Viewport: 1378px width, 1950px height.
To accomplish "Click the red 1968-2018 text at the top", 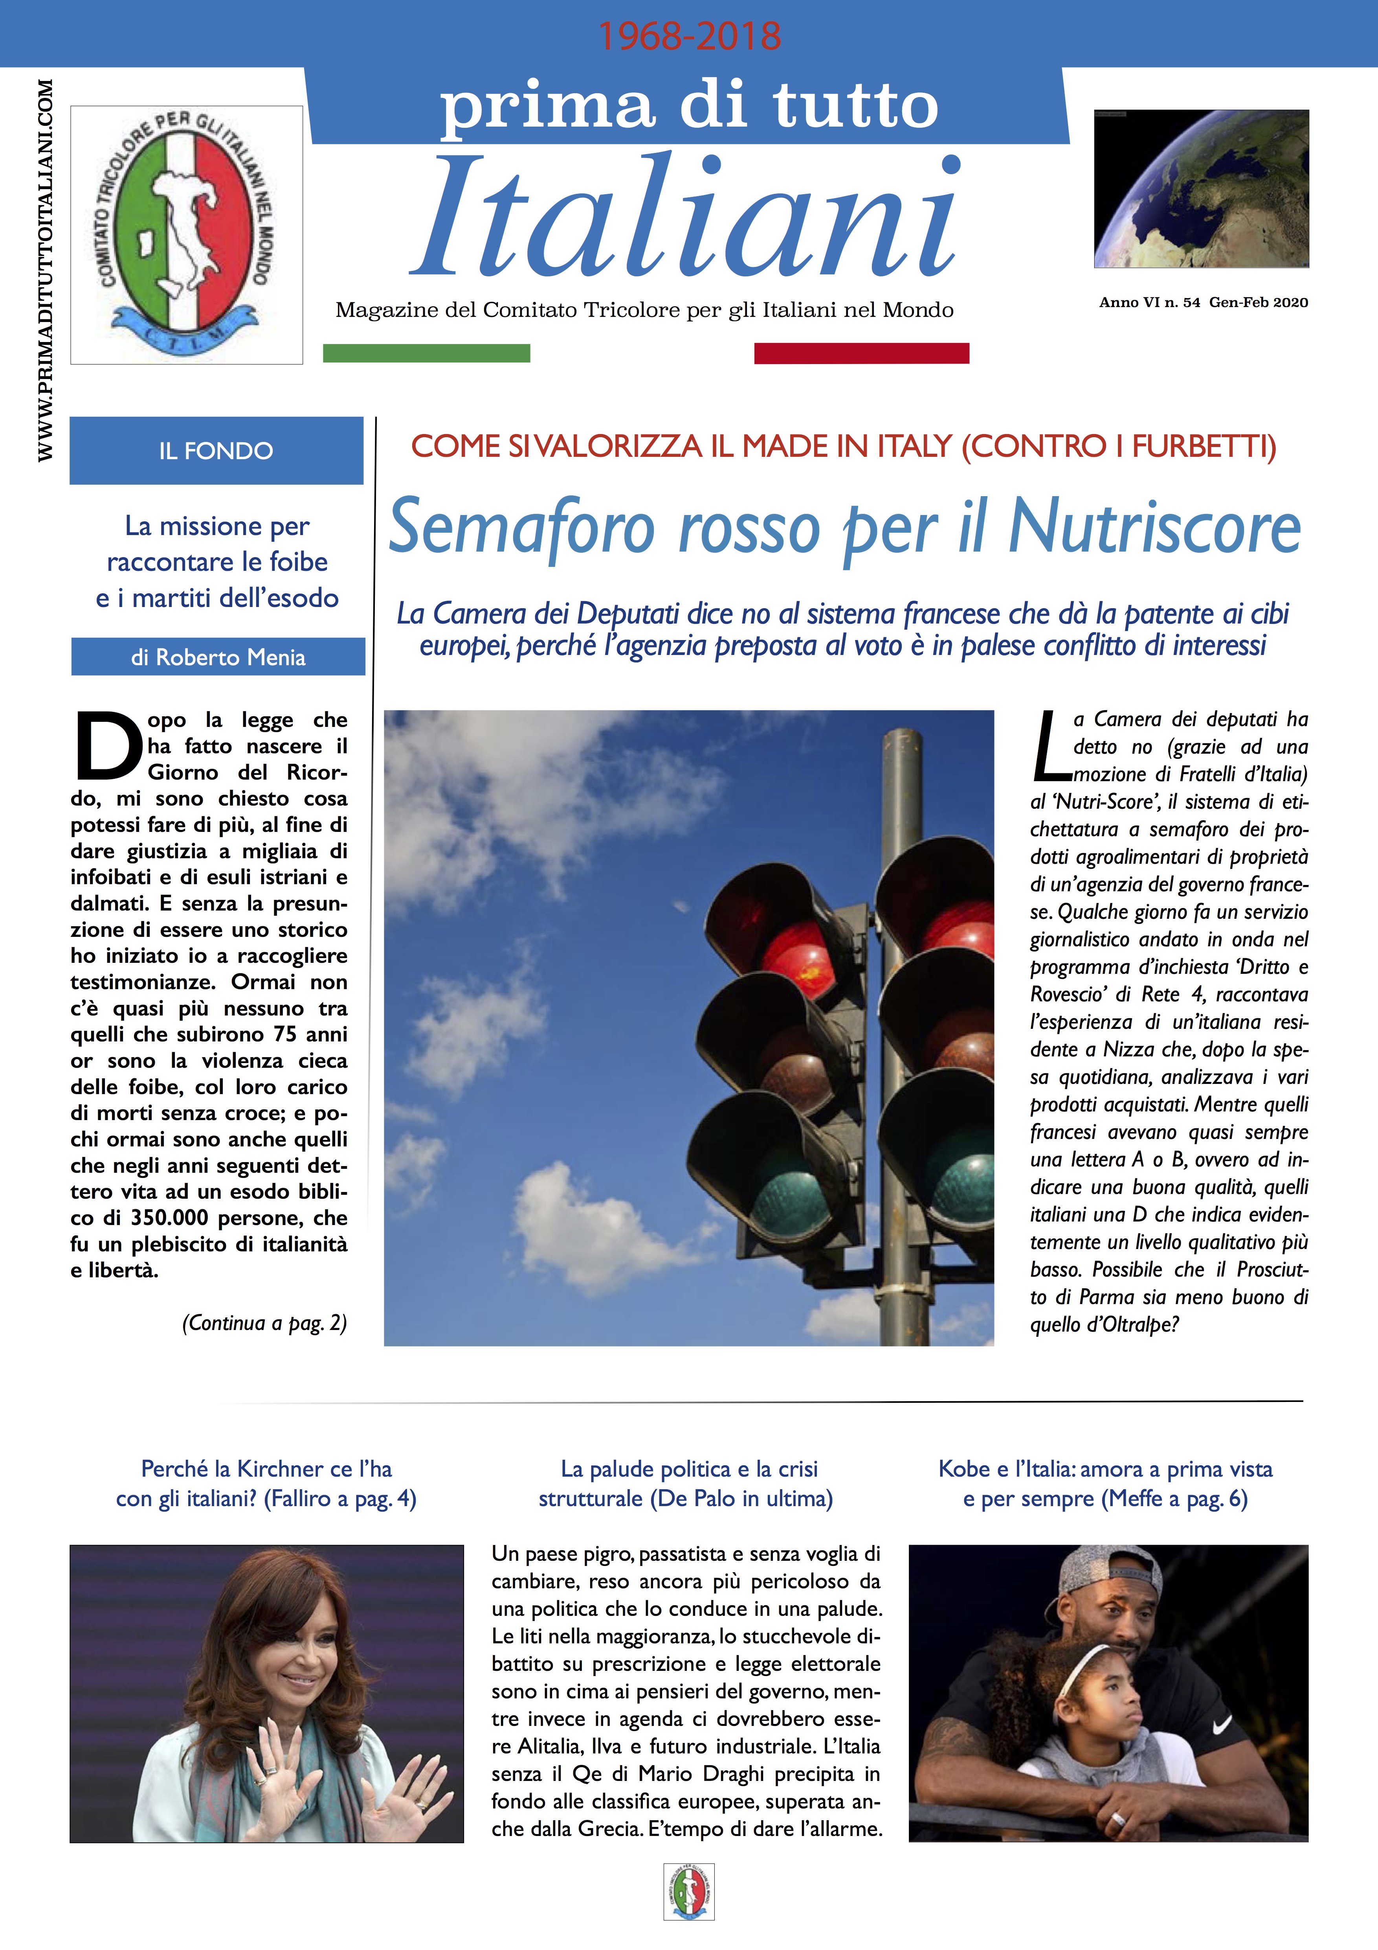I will [x=688, y=36].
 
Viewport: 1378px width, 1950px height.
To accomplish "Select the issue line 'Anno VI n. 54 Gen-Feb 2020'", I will [x=1203, y=302].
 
